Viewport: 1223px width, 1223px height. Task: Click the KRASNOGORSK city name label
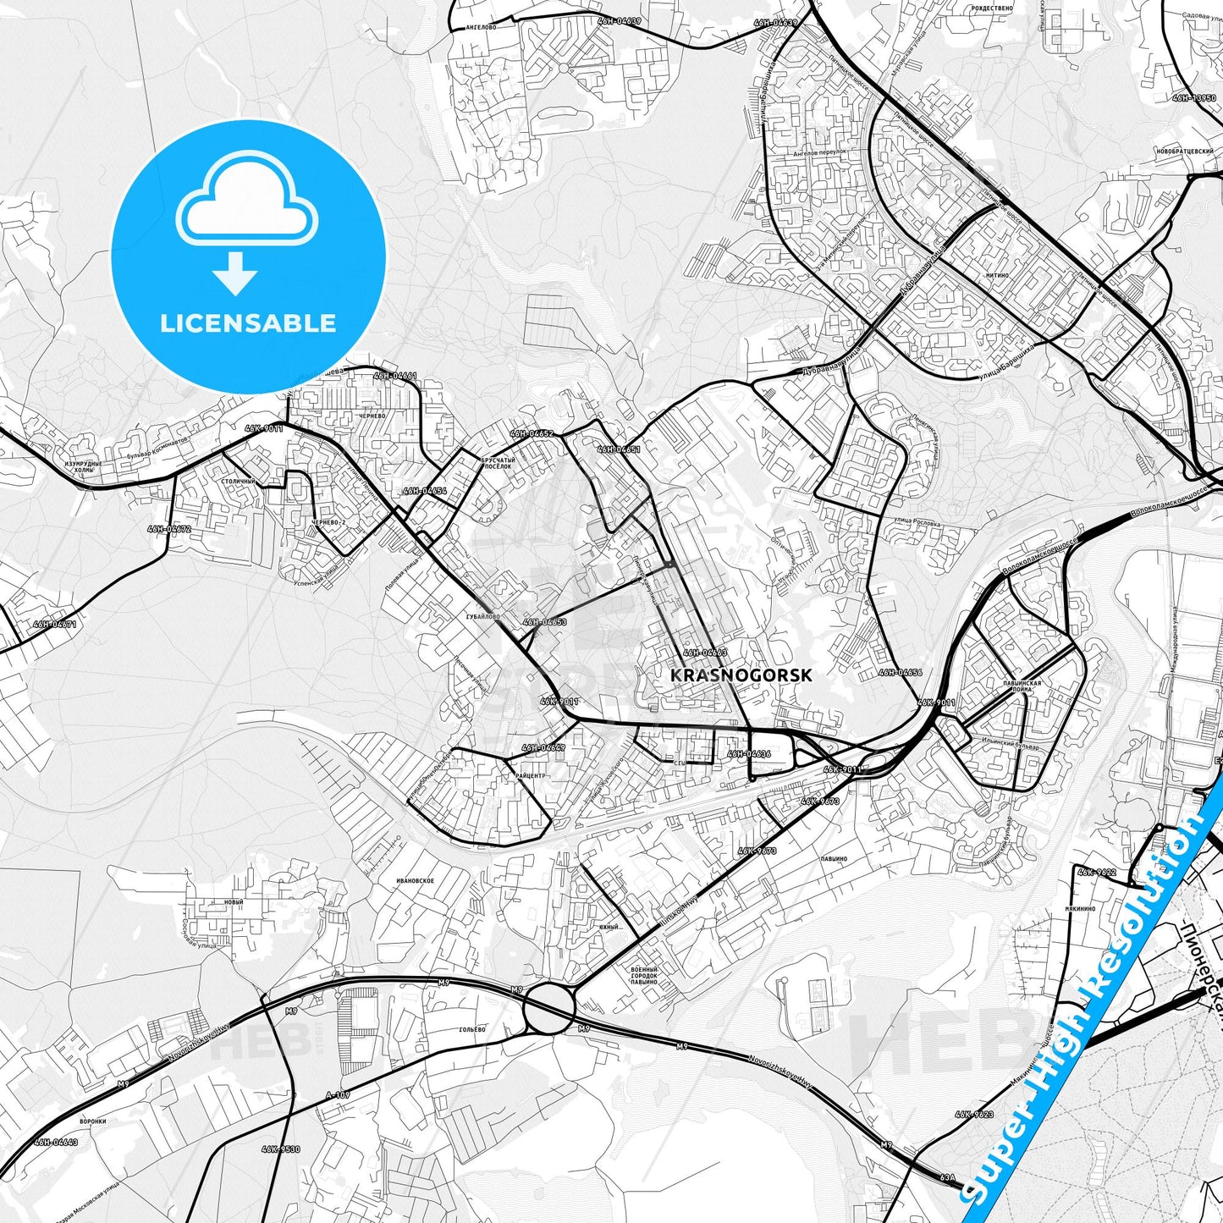pyautogui.click(x=741, y=675)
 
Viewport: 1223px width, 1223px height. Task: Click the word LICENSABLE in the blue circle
pyautogui.click(x=248, y=323)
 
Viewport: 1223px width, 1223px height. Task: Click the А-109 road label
pyautogui.click(x=337, y=1095)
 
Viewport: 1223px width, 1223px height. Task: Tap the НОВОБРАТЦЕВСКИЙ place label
pyautogui.click(x=1183, y=151)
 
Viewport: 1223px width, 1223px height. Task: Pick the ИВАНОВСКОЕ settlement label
pyautogui.click(x=415, y=881)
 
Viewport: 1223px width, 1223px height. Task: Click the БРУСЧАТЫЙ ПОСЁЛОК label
pyautogui.click(x=496, y=462)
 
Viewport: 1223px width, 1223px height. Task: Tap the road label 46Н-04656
pyautogui.click(x=900, y=673)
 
